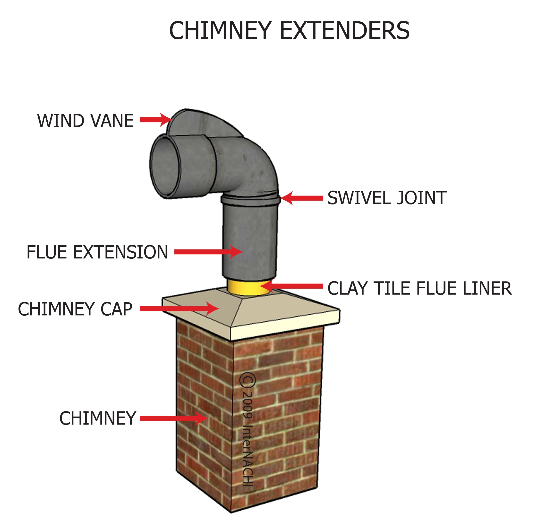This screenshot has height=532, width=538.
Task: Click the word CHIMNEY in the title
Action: [220, 31]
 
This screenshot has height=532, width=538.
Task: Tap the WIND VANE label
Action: [85, 121]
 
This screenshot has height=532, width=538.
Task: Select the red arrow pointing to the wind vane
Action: [156, 120]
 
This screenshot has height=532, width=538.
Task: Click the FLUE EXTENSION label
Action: [97, 252]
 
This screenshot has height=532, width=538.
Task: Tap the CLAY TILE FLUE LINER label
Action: [419, 288]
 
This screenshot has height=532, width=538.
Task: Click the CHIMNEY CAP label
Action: [75, 309]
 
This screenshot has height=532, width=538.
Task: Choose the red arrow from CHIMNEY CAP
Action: [178, 308]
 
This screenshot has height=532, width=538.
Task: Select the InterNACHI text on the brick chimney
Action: [248, 456]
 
